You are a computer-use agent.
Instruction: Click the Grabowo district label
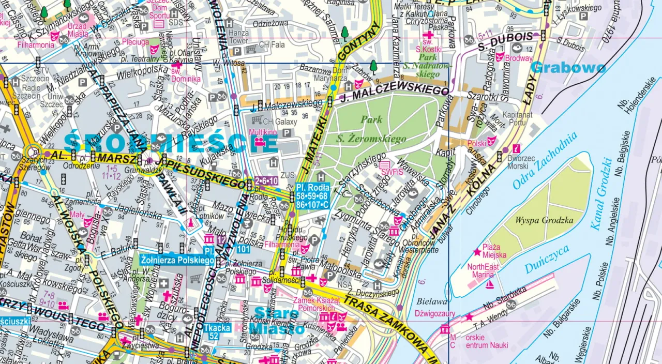click(x=568, y=68)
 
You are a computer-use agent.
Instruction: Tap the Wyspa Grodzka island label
click(x=544, y=221)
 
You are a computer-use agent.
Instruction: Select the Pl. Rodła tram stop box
click(x=312, y=196)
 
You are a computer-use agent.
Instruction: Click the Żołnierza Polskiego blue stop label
click(x=177, y=260)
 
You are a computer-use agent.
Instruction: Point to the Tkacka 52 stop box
click(x=216, y=331)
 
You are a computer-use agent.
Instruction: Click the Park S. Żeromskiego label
click(x=371, y=129)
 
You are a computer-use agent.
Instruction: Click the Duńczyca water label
click(x=547, y=259)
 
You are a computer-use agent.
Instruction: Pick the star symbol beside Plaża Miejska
click(x=476, y=252)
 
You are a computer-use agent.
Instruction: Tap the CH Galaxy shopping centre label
click(x=280, y=122)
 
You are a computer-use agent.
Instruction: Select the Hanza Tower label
click(x=238, y=37)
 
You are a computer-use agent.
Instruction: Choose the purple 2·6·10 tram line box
click(x=266, y=180)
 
